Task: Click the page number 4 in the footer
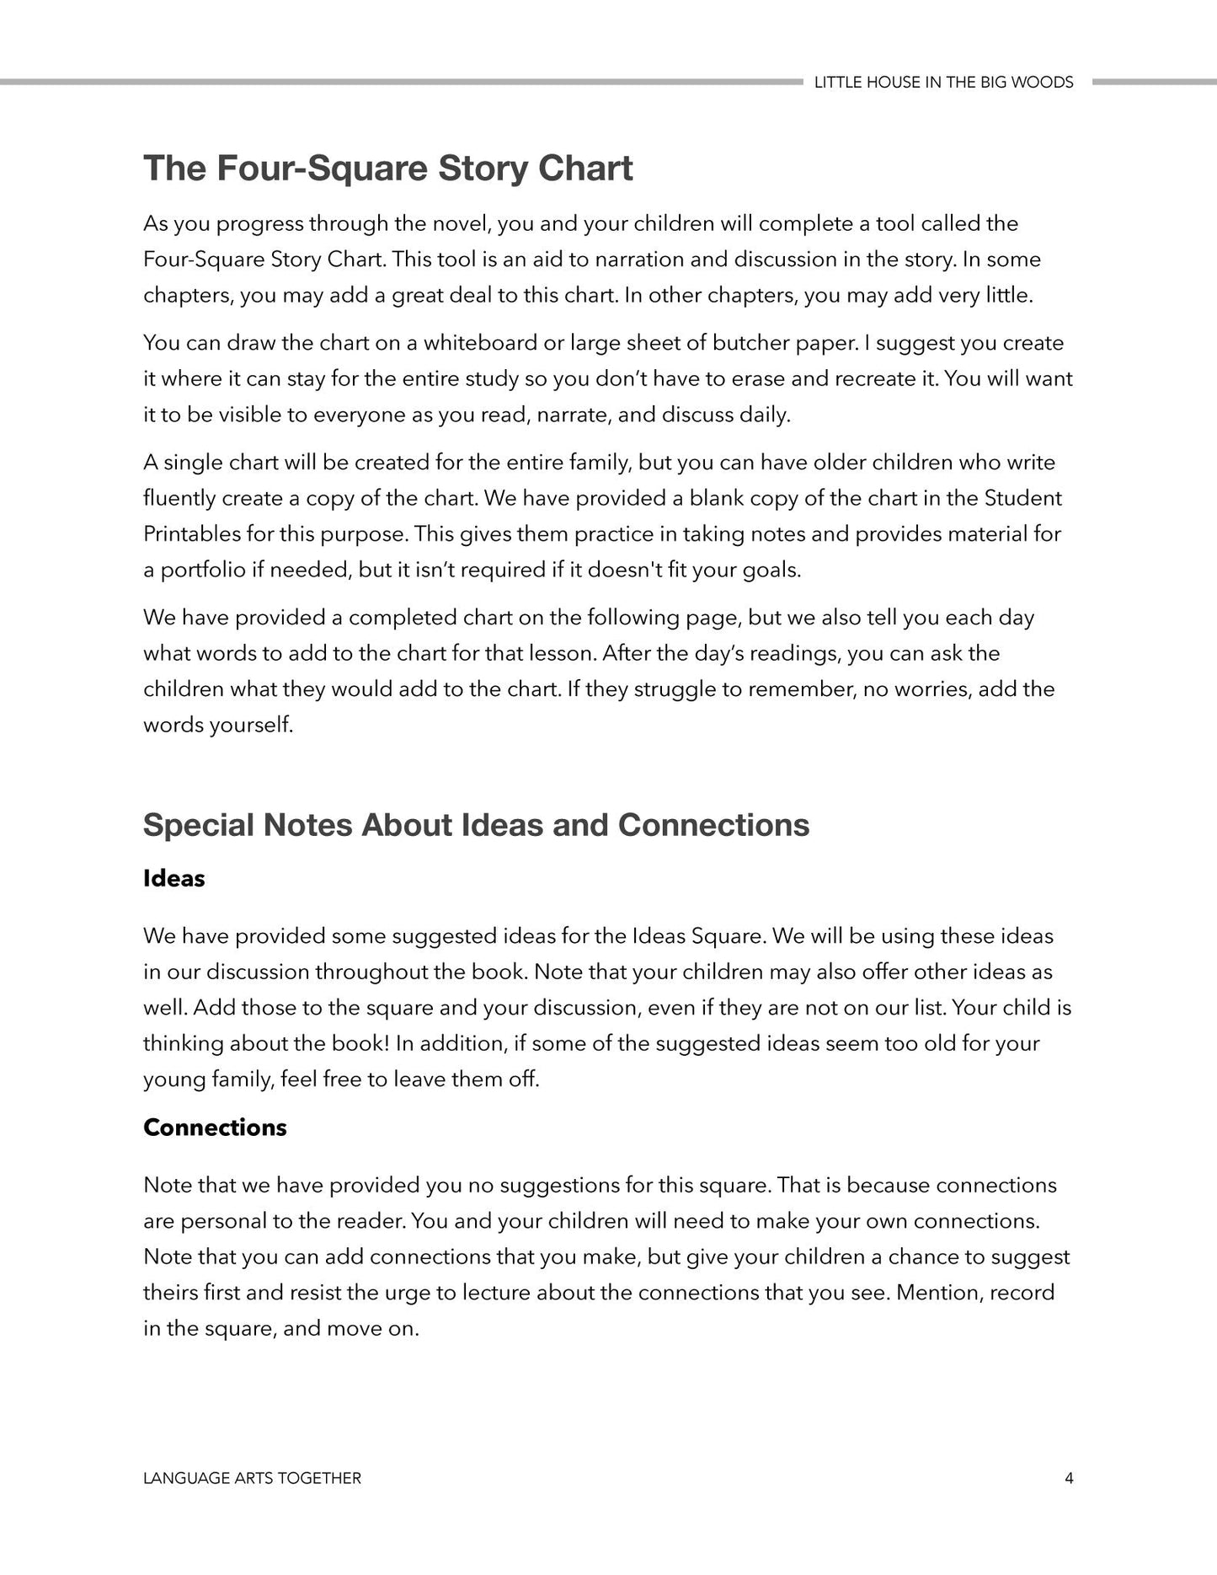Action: tap(1069, 1478)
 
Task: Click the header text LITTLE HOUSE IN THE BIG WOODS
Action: tap(943, 82)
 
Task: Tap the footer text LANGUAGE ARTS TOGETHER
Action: tap(252, 1478)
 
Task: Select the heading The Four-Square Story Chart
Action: tap(387, 168)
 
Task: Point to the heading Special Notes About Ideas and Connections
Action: tap(476, 824)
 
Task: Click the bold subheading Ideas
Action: tap(173, 878)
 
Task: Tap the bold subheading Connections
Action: tap(215, 1128)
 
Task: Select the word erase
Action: tap(759, 378)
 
